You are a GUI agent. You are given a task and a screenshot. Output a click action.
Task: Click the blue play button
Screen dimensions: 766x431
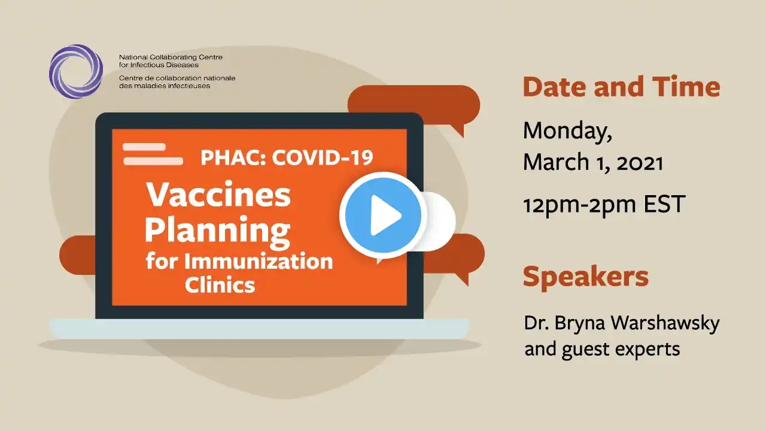[383, 215]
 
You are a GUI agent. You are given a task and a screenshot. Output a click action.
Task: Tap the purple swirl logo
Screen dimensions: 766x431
[76, 71]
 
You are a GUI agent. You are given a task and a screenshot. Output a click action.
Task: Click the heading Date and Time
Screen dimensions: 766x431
[621, 87]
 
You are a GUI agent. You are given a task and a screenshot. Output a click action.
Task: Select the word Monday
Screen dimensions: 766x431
[567, 131]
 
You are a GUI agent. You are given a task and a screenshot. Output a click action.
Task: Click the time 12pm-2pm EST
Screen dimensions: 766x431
[604, 205]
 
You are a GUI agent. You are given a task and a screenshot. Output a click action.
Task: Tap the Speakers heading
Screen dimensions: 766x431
[585, 277]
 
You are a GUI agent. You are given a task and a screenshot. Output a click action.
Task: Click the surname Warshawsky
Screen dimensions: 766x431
[665, 323]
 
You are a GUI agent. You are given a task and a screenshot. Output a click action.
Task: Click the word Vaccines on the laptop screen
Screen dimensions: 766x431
[218, 195]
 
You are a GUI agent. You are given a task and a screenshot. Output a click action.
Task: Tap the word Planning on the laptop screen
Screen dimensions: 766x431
[218, 230]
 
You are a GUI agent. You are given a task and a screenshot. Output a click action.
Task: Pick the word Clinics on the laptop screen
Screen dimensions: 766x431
[220, 284]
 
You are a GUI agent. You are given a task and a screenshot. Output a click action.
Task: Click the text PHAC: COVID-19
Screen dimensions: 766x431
[287, 157]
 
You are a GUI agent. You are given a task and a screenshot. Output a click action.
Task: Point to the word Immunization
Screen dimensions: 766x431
[259, 262]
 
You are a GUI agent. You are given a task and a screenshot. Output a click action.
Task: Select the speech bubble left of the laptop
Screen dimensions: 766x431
[78, 255]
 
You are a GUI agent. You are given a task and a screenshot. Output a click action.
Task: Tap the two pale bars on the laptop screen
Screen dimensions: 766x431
[153, 154]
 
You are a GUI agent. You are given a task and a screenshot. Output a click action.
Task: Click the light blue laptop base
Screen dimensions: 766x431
[259, 329]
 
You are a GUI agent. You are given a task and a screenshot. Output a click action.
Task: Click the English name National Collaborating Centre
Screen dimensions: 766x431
[171, 57]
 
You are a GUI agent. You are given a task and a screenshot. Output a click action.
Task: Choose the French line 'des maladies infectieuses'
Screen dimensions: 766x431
[165, 86]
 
